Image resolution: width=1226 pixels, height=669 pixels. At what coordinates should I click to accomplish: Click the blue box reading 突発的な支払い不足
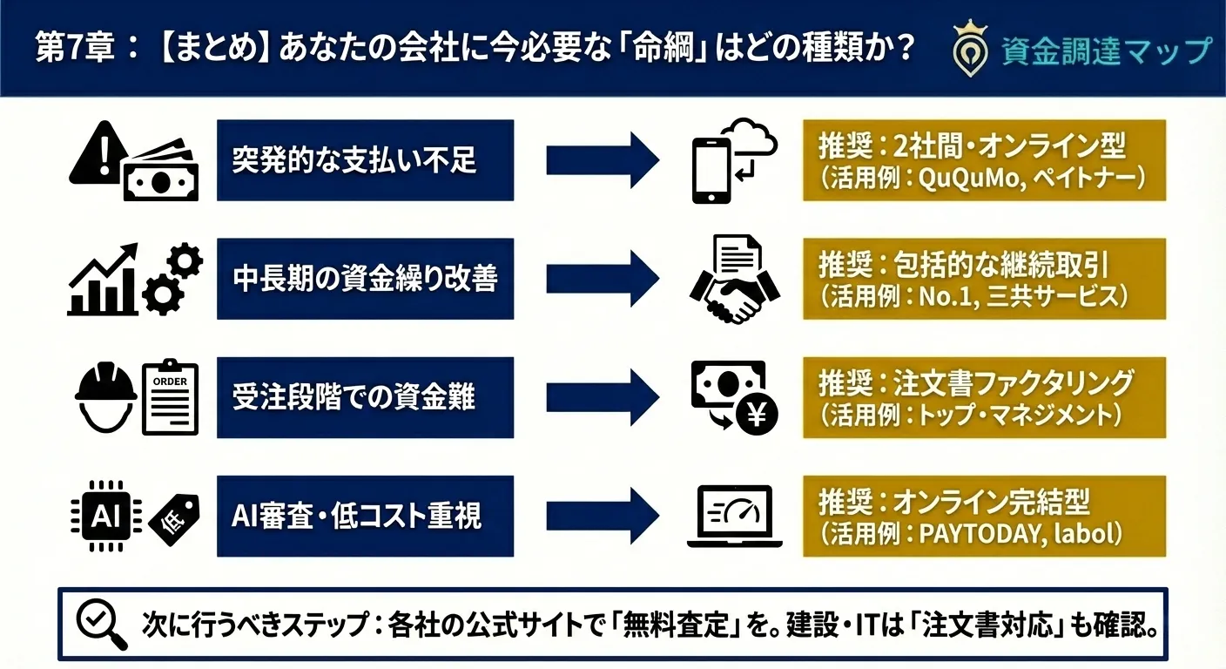pyautogui.click(x=365, y=160)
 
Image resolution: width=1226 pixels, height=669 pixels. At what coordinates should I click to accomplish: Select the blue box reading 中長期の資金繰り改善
pyautogui.click(x=365, y=279)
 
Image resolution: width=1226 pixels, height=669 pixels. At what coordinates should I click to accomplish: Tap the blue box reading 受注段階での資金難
pyautogui.click(x=365, y=397)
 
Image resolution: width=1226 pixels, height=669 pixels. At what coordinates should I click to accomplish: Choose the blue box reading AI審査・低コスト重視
pyautogui.click(x=365, y=516)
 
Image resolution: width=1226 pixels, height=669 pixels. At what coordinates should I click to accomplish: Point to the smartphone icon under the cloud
pyautogui.click(x=711, y=172)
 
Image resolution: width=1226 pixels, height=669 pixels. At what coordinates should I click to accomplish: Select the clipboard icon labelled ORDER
pyautogui.click(x=170, y=400)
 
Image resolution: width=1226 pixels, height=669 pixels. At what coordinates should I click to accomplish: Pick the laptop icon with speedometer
pyautogui.click(x=729, y=516)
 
